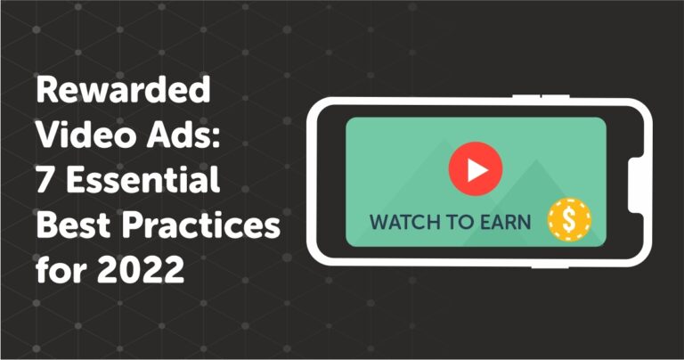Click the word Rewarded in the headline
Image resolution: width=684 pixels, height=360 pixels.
coord(124,89)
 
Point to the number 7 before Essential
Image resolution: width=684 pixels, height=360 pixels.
coord(45,180)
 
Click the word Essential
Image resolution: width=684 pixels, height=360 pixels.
coord(142,179)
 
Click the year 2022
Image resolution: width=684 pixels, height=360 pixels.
coord(141,269)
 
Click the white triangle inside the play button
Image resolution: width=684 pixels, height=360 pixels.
coord(476,169)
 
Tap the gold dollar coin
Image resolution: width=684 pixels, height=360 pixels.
coord(569,220)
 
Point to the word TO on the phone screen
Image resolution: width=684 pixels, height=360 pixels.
coord(461,222)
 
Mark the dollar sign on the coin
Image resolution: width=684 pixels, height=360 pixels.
coord(569,220)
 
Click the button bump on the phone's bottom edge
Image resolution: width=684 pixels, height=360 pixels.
coord(550,266)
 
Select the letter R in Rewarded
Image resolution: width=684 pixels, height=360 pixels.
coord(47,89)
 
